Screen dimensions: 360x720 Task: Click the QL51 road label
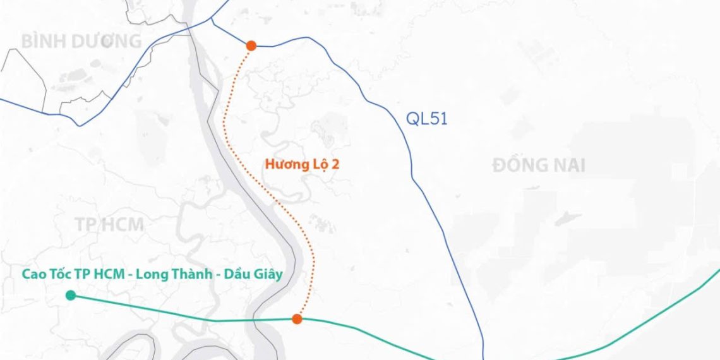(x=426, y=119)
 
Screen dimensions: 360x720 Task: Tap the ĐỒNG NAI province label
(x=539, y=166)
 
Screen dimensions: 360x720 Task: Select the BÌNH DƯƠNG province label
(x=81, y=42)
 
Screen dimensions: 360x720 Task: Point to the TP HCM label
(x=109, y=224)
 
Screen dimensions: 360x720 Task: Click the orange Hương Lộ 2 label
(x=303, y=164)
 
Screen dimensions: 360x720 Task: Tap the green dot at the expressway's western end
(x=71, y=295)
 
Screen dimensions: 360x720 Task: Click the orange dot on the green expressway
(x=297, y=319)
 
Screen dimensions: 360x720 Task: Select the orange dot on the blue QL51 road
(x=251, y=45)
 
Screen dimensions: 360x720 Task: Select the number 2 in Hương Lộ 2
(x=336, y=164)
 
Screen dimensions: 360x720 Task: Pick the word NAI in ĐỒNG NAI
(x=567, y=166)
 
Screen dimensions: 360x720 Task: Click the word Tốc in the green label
(x=64, y=275)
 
